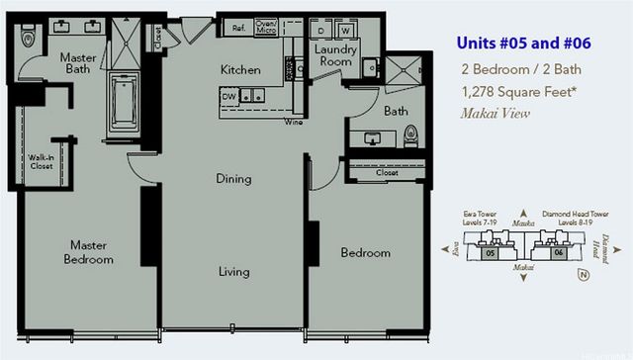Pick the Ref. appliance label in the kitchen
(239, 28)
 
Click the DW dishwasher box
(228, 95)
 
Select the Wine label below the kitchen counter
(293, 122)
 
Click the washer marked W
(346, 28)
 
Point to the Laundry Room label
(334, 55)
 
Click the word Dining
(234, 179)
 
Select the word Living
(234, 270)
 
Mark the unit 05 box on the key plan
(491, 253)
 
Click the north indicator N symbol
(613, 274)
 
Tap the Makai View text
(496, 113)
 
